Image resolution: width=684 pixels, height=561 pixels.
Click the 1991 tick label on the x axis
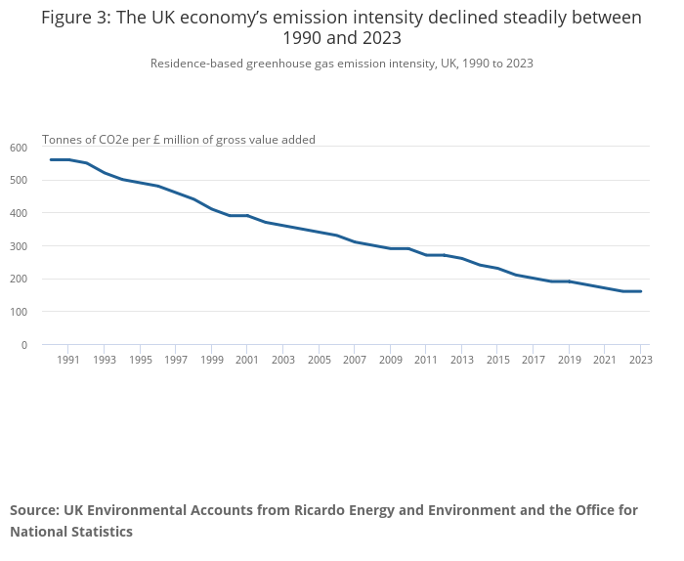point(68,360)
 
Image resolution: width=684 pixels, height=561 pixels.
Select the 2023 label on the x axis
point(640,360)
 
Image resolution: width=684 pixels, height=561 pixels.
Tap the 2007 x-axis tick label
point(355,360)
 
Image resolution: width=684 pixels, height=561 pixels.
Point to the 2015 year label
point(497,360)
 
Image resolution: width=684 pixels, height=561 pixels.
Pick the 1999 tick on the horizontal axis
point(211,360)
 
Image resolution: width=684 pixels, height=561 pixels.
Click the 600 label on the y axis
point(19,148)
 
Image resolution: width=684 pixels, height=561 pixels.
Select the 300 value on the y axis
point(19,246)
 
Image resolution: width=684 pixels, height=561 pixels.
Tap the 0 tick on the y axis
point(24,345)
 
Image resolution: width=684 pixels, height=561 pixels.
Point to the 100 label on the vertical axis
point(19,312)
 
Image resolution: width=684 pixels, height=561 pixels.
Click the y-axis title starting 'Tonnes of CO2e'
point(178,140)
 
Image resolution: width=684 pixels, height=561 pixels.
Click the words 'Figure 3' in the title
point(74,19)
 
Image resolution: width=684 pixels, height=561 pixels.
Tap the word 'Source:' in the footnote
point(34,510)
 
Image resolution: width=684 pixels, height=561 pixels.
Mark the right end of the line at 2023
point(640,291)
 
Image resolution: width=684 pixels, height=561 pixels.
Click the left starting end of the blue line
point(51,159)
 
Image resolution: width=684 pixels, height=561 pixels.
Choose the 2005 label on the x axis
point(319,360)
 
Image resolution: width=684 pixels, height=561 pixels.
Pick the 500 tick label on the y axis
point(19,181)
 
